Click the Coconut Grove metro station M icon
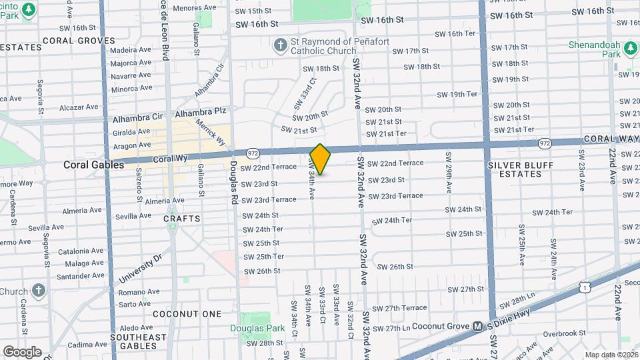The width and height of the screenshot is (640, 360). tap(477, 327)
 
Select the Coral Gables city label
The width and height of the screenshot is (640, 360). tap(94, 164)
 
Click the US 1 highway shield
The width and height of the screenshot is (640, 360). tap(584, 286)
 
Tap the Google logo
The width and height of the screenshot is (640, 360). tap(22, 351)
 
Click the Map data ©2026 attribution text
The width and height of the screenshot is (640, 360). tap(611, 355)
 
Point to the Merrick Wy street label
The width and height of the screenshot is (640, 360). tap(211, 130)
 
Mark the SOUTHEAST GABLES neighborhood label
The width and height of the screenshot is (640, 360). tap(139, 342)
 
